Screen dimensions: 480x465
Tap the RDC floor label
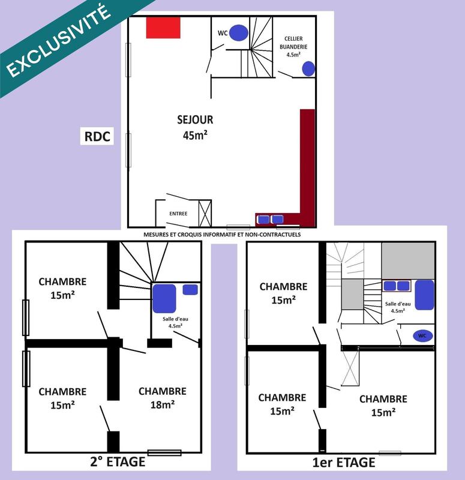click(x=96, y=136)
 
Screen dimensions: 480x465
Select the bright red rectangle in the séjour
click(x=163, y=28)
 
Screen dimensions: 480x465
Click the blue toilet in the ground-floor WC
click(x=239, y=31)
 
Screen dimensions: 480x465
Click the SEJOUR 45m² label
click(x=195, y=127)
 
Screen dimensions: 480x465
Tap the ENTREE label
click(x=178, y=214)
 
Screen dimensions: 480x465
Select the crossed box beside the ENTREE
click(x=205, y=214)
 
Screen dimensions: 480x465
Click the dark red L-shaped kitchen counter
click(x=307, y=162)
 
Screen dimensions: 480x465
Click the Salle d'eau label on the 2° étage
click(x=175, y=322)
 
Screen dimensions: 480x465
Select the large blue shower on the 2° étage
click(x=164, y=298)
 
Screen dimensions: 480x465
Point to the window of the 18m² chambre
click(x=164, y=452)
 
